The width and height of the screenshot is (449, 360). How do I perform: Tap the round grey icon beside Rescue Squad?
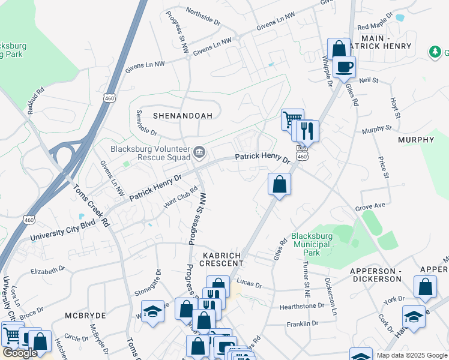(199, 151)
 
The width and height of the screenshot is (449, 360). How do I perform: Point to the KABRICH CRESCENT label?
(217, 260)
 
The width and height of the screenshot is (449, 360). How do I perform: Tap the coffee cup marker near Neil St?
(345, 67)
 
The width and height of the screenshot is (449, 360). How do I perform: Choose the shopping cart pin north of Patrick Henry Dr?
(292, 119)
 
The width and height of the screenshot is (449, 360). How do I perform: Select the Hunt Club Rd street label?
(181, 197)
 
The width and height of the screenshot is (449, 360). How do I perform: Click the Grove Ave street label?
(370, 206)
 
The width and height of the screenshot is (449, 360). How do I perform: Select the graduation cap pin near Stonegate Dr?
(153, 311)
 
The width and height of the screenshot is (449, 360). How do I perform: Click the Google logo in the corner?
(20, 353)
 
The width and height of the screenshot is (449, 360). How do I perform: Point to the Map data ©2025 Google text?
(411, 355)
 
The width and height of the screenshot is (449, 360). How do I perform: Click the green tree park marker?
(435, 52)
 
